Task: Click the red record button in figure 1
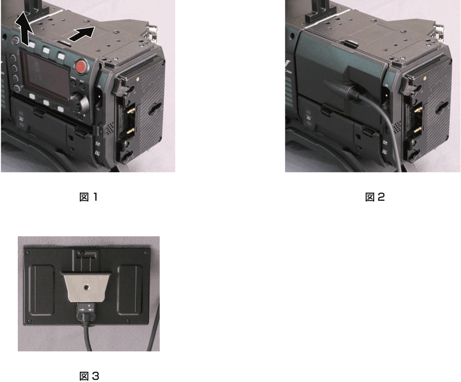point(81,67)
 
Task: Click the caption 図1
point(88,197)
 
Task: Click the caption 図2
point(375,197)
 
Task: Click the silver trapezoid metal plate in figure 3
point(88,286)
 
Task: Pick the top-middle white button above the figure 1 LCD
point(46,50)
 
